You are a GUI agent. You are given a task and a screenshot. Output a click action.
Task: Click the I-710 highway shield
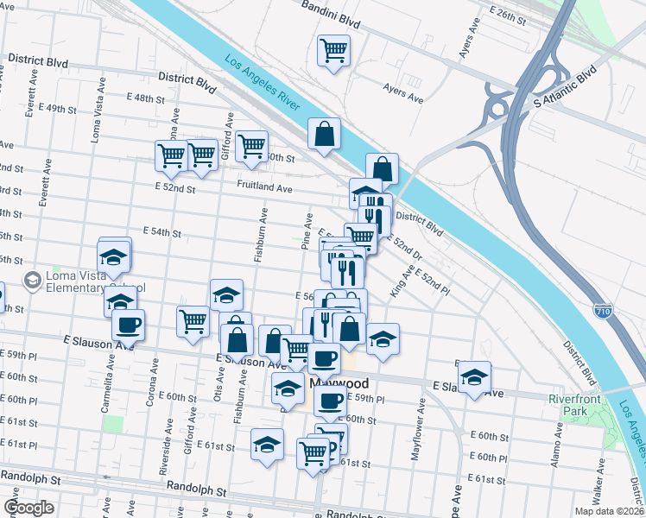pos(605,311)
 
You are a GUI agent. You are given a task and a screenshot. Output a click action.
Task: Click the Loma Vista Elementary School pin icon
pos(34,280)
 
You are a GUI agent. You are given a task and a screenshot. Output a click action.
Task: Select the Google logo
pos(28,508)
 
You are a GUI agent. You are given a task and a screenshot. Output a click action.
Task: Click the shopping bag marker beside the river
pos(324,134)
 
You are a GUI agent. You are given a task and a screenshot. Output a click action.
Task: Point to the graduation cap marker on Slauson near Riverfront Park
pos(473,377)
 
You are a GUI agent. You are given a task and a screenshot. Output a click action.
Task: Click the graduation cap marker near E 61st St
pos(268,444)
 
